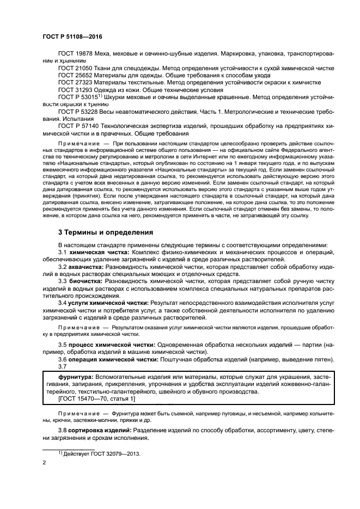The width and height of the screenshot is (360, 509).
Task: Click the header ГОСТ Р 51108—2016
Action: (72, 36)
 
